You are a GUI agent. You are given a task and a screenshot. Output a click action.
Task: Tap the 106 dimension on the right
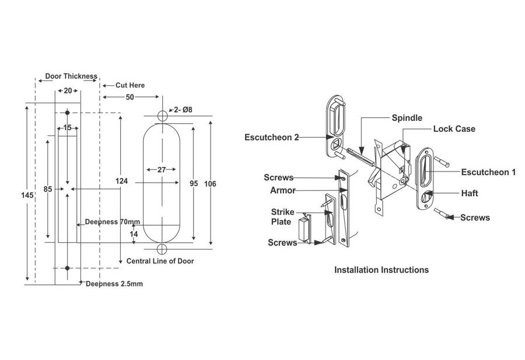tap(211, 184)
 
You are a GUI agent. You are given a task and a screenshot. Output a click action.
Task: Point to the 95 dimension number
tap(194, 184)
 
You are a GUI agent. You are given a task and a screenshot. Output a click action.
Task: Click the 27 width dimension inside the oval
tap(162, 170)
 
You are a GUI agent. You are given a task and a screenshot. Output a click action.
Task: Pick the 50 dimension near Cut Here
tap(129, 96)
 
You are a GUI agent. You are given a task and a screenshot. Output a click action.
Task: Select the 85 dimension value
tap(50, 189)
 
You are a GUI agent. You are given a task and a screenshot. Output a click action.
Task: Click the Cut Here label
tap(129, 85)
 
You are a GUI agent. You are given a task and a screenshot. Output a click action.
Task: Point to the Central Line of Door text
tap(160, 261)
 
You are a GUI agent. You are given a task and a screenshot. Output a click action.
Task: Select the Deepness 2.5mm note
tap(114, 284)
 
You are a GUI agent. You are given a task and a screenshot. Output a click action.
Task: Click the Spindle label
tap(407, 118)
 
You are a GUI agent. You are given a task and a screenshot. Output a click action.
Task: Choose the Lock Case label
tap(454, 128)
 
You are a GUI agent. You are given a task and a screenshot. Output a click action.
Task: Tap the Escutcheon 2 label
tap(272, 137)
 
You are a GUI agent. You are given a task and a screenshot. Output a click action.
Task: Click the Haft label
tap(470, 193)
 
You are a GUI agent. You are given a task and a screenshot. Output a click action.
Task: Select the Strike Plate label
tap(282, 216)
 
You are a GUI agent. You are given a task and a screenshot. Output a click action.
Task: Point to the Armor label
tap(282, 190)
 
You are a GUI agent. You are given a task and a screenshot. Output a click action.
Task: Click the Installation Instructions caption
tap(381, 270)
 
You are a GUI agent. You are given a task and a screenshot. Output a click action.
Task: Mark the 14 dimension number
tap(134, 233)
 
